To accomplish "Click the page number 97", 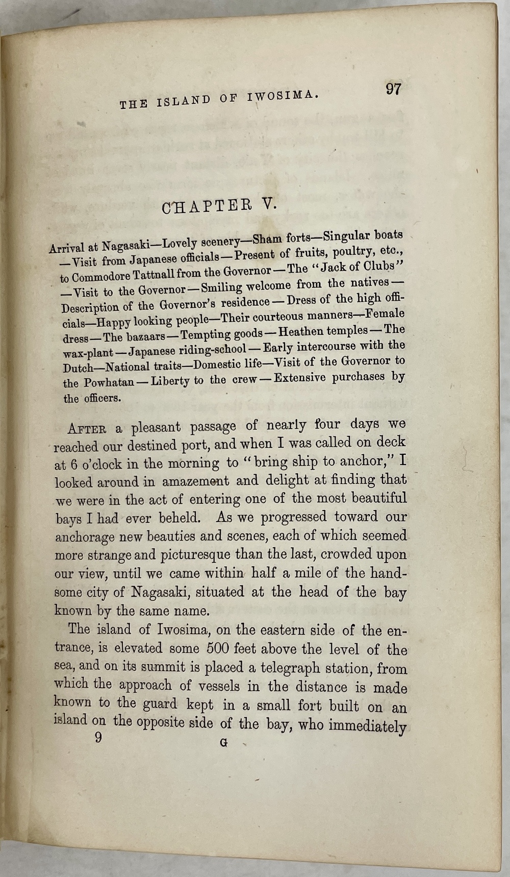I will (394, 89).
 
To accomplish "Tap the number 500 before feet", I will (218, 649).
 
